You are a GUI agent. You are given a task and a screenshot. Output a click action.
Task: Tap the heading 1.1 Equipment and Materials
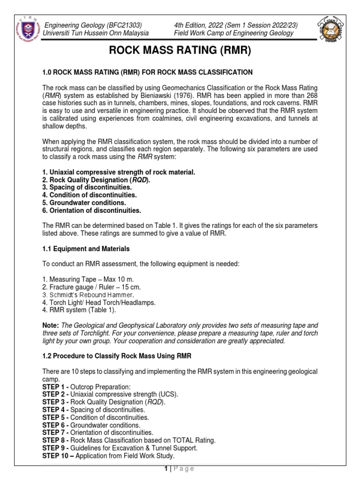pyautogui.click(x=86, y=249)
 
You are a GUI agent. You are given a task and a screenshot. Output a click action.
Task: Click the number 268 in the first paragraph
pyautogui.click(x=310, y=96)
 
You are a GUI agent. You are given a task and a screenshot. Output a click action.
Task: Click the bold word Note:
pyautogui.click(x=51, y=325)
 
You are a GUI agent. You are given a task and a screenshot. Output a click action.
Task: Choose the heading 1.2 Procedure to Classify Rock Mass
pyautogui.click(x=117, y=356)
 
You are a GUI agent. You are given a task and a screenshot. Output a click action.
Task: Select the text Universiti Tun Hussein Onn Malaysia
pyautogui.click(x=96, y=33)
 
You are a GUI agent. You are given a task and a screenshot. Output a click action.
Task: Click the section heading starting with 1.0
pyautogui.click(x=148, y=72)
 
